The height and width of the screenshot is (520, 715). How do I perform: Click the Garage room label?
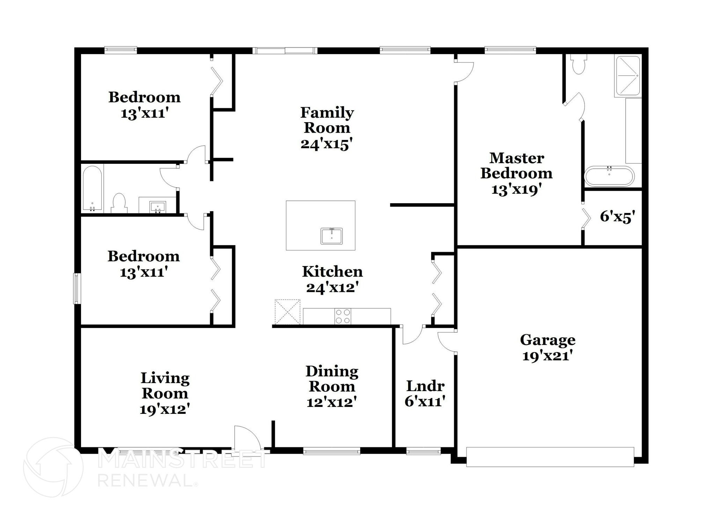click(x=547, y=339)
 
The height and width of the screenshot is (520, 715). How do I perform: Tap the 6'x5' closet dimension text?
click(x=617, y=217)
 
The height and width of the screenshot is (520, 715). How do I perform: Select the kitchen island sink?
click(x=331, y=236)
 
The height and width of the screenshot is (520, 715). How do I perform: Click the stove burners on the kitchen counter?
click(x=342, y=316)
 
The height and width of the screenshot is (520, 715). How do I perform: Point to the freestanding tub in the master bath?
click(x=609, y=176)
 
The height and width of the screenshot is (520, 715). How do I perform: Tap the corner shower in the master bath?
click(x=628, y=75)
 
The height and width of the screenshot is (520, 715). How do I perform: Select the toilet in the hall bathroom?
click(x=119, y=203)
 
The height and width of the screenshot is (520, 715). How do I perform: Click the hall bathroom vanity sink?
click(x=158, y=207)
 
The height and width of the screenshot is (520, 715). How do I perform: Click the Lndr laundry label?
click(x=425, y=386)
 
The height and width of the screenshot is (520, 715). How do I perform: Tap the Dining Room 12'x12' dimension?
click(x=331, y=402)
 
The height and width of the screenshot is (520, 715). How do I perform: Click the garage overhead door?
click(x=550, y=457)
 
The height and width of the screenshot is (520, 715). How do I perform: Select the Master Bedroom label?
click(x=516, y=166)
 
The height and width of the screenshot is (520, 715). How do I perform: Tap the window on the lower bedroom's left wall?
click(x=77, y=288)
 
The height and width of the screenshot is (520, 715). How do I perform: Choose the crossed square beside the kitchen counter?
click(x=287, y=312)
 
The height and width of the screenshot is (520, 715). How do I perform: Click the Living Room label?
click(x=165, y=386)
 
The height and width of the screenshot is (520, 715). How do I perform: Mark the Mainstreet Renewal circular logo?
click(x=53, y=467)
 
